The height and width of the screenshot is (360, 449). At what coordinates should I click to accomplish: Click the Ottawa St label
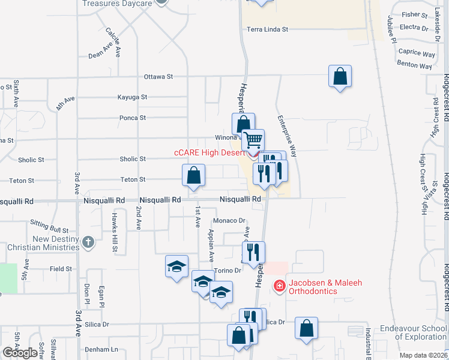pos(158,77)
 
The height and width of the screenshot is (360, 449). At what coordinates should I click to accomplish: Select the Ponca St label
pos(133,118)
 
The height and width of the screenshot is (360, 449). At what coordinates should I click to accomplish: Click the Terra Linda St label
pos(267,29)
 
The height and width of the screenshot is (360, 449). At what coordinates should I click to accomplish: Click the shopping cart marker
pos(253,140)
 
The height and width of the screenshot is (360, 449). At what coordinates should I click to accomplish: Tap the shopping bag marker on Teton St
pos(194,176)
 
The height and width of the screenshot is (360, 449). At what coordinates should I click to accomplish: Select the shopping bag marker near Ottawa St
pos(340,76)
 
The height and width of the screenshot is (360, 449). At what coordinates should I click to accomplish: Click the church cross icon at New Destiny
pos(88,242)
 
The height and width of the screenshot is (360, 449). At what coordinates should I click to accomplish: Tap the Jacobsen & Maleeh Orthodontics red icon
pos(279,286)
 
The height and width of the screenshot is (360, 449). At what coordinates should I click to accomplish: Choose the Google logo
pos(20,353)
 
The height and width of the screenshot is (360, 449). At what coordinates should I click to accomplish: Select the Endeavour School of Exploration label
pos(413,332)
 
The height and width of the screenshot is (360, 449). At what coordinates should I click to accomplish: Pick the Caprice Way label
pos(417,53)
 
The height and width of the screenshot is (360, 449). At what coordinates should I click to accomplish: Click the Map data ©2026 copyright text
pos(424,355)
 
